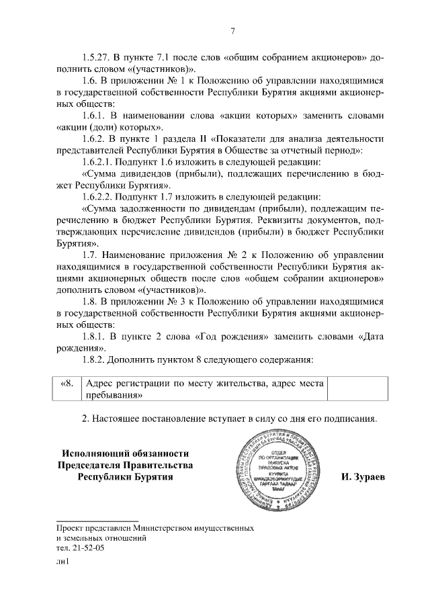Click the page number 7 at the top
[232, 30]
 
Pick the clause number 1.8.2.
[96, 360]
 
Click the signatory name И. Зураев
[363, 478]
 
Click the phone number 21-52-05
[87, 549]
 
